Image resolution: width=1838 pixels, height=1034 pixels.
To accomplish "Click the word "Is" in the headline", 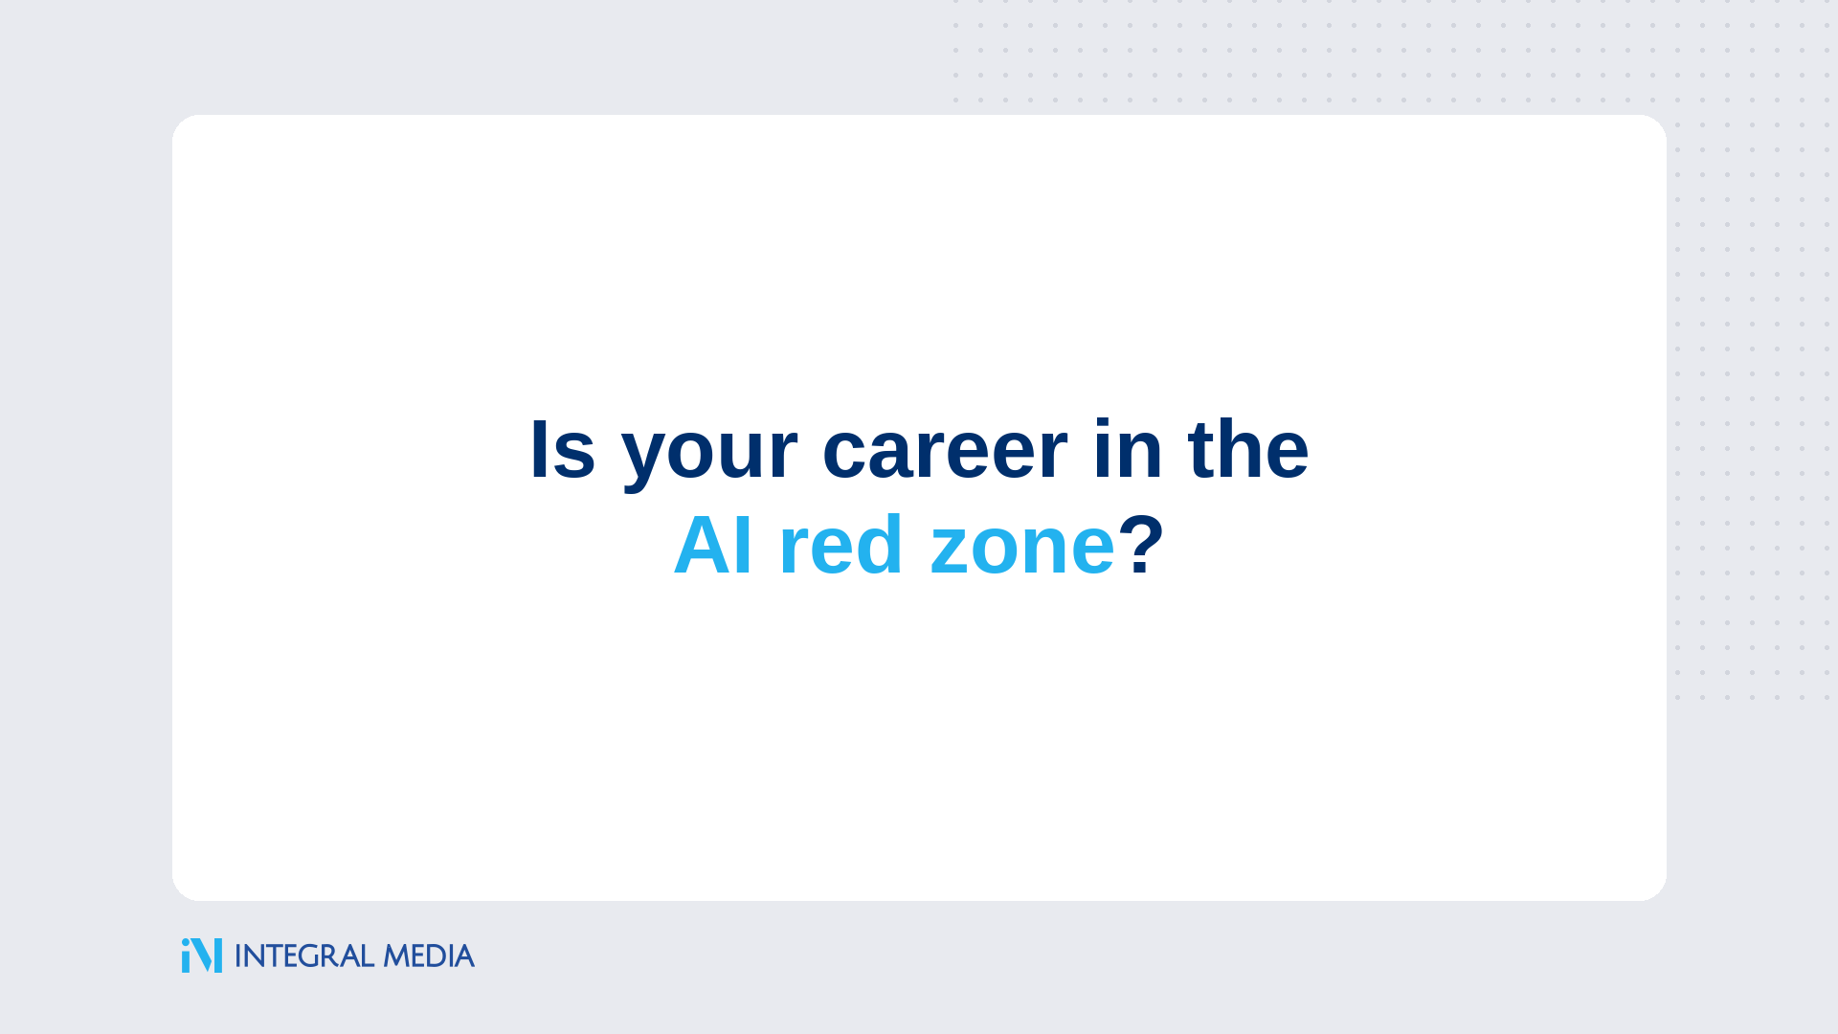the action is point(563,449).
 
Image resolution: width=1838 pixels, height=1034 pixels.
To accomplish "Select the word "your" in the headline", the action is point(709,457).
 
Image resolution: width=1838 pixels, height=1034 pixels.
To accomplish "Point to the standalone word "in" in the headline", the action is point(1128,449).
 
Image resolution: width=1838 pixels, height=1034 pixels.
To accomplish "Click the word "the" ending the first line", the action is point(1248,449).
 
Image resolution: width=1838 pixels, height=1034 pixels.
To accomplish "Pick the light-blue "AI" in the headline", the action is point(713,545).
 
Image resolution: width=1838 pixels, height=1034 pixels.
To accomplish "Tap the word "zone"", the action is point(1022,551).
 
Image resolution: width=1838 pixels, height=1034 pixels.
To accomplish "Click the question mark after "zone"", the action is point(1141,545).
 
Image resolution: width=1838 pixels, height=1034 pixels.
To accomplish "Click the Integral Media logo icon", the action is point(202,955).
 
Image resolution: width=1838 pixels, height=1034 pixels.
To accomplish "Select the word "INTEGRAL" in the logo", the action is point(304,955).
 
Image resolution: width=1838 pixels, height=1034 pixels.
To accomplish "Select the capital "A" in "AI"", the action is point(704,545).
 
